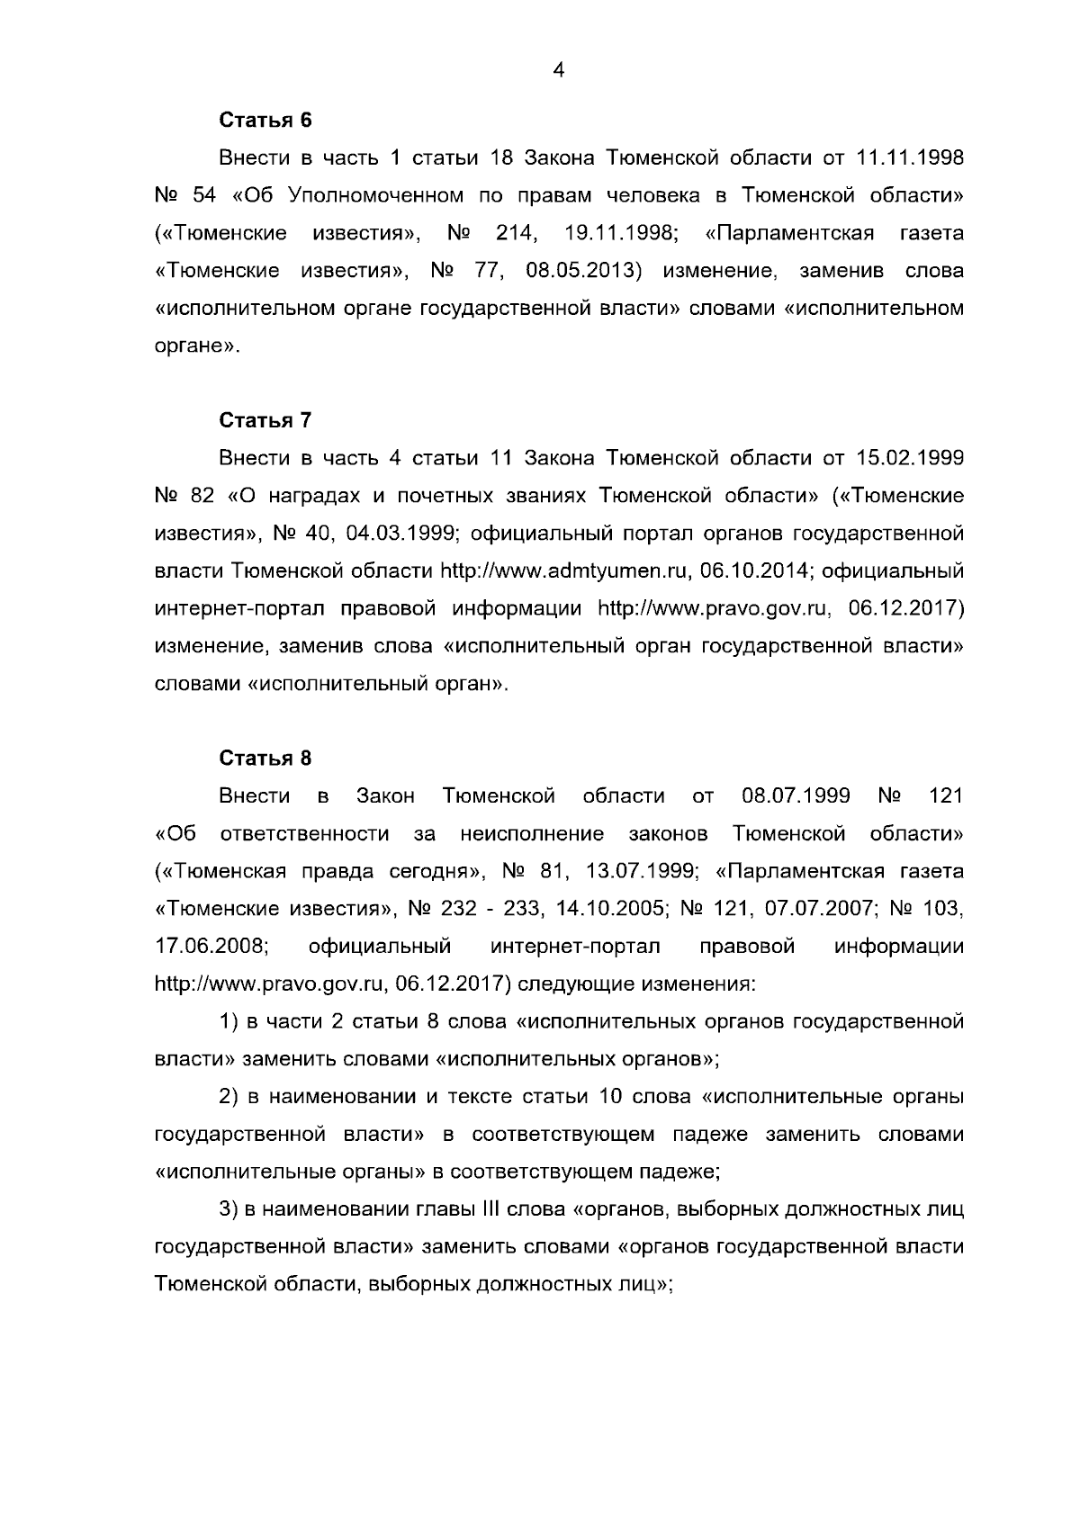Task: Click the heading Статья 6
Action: pyautogui.click(x=265, y=120)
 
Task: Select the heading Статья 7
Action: pyautogui.click(x=265, y=420)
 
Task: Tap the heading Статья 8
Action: pyautogui.click(x=265, y=758)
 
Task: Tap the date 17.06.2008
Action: pyautogui.click(x=212, y=947)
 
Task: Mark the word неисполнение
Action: pyautogui.click(x=531, y=834)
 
